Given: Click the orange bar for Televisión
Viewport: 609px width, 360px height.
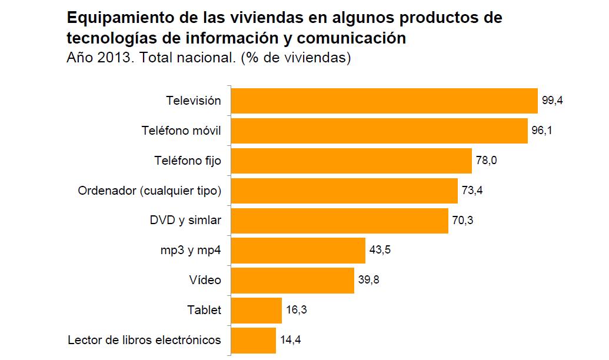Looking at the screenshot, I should point(384,101).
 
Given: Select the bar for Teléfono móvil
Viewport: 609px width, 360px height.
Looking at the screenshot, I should point(379,131).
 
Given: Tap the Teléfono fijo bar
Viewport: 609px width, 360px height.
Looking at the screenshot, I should point(351,161).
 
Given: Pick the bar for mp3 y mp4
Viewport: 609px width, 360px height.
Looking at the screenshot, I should point(298,250).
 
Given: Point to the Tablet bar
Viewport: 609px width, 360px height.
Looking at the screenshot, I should point(257,310).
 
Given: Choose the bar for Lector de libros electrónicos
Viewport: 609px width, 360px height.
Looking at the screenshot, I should point(254,340).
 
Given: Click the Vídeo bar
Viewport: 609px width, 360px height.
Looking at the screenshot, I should point(292,280).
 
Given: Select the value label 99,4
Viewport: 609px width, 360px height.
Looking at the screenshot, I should point(553,101).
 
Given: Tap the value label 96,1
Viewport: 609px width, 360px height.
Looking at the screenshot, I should point(542,131).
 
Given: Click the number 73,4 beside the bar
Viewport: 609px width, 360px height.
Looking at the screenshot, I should point(472,191).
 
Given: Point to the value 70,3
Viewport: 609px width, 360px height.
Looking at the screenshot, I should point(462,221).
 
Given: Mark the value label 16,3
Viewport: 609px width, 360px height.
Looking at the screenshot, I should point(297,310).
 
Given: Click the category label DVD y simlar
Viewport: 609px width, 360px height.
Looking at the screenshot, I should point(185,221).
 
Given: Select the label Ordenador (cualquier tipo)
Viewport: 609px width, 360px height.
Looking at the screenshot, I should point(149,191).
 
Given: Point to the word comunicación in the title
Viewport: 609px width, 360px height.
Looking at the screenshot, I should point(357,39).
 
